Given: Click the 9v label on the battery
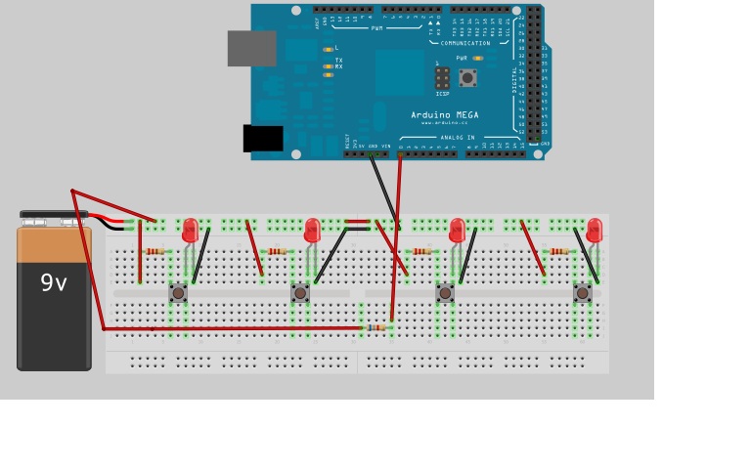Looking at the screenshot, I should pos(53,283).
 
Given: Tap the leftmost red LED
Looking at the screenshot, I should pos(191,231).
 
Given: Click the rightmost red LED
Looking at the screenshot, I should pos(594,231).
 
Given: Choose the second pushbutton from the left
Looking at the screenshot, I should pos(300,292).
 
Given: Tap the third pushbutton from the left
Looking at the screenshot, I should pos(445,292).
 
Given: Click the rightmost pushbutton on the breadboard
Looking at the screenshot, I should pos(583,292).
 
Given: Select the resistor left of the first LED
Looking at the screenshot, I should pos(155,251).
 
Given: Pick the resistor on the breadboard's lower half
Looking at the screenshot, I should pos(377,327).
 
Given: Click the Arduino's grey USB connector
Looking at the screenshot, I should pos(251,48).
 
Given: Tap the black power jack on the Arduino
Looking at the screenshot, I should pos(263,139).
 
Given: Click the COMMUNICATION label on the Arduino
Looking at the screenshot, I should pos(465,43).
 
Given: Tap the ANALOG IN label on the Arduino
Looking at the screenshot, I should pos(456,138).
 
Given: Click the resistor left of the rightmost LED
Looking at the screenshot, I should pos(559,251).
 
